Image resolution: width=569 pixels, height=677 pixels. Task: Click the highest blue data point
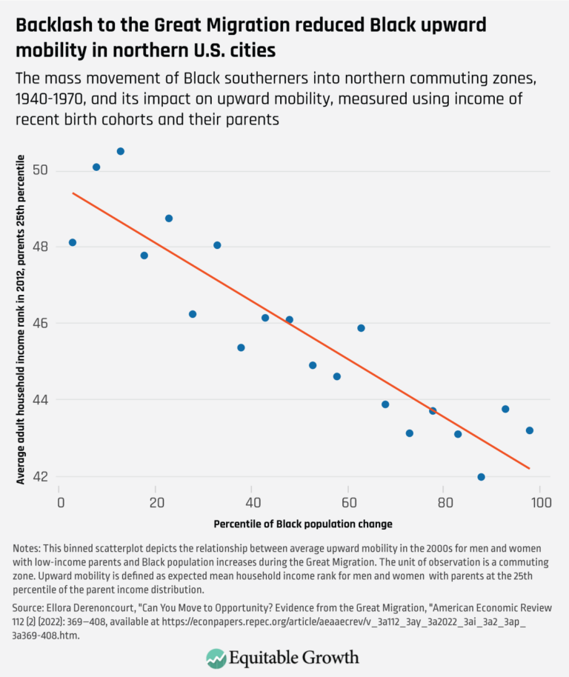coord(121,151)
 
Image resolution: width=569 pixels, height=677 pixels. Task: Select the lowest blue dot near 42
coord(481,477)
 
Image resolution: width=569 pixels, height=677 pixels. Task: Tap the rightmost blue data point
coord(529,430)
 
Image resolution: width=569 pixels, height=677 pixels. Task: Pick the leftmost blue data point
coord(73,242)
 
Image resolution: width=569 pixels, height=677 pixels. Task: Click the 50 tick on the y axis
coord(41,170)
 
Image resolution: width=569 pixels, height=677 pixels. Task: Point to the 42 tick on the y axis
coord(41,476)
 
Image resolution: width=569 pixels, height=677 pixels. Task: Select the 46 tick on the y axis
coord(41,324)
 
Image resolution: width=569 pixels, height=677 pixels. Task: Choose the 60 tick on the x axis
coord(347,501)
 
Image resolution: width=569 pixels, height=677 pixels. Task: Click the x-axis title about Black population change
coord(303,524)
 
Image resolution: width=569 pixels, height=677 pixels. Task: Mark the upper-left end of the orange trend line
coord(73,193)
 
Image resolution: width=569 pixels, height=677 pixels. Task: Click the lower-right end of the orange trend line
coord(529,468)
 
